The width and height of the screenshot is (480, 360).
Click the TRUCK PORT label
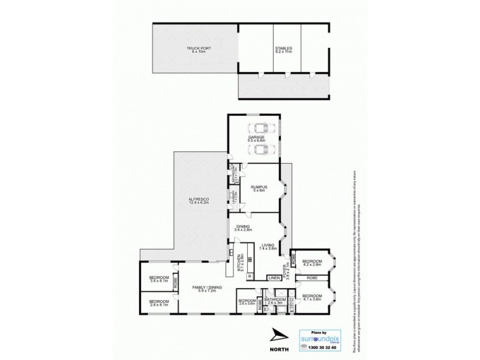click(x=194, y=50)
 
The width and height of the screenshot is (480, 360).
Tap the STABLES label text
click(x=283, y=50)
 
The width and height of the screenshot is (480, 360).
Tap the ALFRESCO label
click(x=197, y=200)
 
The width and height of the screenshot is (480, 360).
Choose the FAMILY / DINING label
click(x=207, y=289)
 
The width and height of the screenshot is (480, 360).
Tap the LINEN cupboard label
click(x=274, y=278)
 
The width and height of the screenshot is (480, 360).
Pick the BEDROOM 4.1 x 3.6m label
click(x=312, y=298)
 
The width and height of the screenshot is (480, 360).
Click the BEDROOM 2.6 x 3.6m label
click(x=247, y=302)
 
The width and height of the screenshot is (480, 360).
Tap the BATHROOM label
click(x=274, y=301)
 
